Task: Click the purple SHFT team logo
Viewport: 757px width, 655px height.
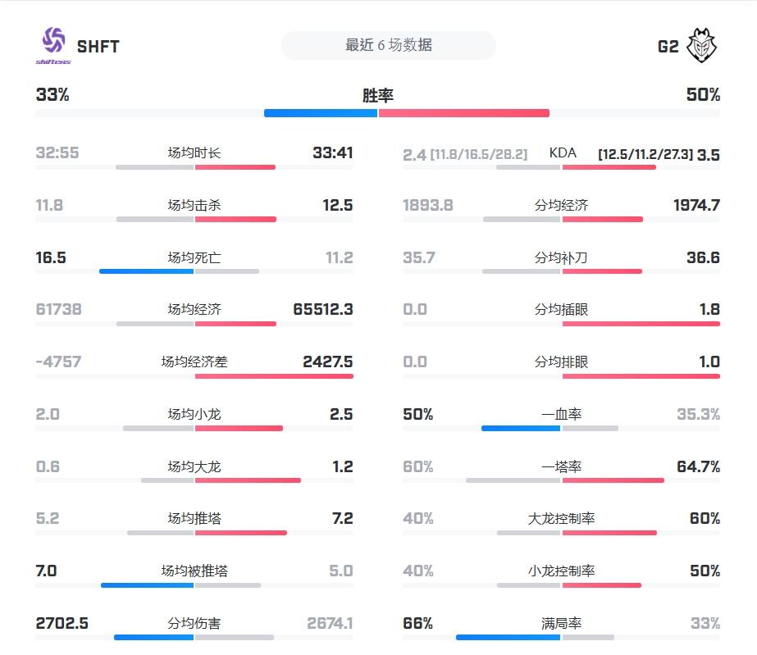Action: point(52,44)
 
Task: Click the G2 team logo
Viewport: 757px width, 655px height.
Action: point(702,45)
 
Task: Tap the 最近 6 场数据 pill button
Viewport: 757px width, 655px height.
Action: point(388,46)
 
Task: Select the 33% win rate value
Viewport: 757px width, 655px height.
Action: point(52,95)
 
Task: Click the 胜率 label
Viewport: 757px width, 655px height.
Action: point(378,96)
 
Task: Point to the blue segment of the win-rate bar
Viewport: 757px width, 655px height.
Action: point(320,113)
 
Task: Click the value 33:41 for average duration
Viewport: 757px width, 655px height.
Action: point(332,153)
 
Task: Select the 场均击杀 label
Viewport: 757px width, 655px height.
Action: point(194,206)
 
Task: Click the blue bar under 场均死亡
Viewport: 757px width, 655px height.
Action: point(146,271)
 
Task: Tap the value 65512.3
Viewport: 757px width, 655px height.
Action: point(322,310)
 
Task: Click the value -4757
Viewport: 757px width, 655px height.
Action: point(58,362)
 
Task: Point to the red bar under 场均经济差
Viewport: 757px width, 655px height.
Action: point(274,376)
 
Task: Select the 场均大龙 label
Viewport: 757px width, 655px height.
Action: point(194,467)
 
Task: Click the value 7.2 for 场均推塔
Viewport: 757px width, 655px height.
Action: point(342,519)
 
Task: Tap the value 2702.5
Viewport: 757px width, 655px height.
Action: point(62,624)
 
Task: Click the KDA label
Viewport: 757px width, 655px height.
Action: point(563,153)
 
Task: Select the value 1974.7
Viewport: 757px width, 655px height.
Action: point(696,206)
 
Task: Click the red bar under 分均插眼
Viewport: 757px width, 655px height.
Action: point(641,324)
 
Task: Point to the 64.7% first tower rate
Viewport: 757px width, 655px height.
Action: point(698,467)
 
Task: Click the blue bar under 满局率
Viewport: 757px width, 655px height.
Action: point(508,637)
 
